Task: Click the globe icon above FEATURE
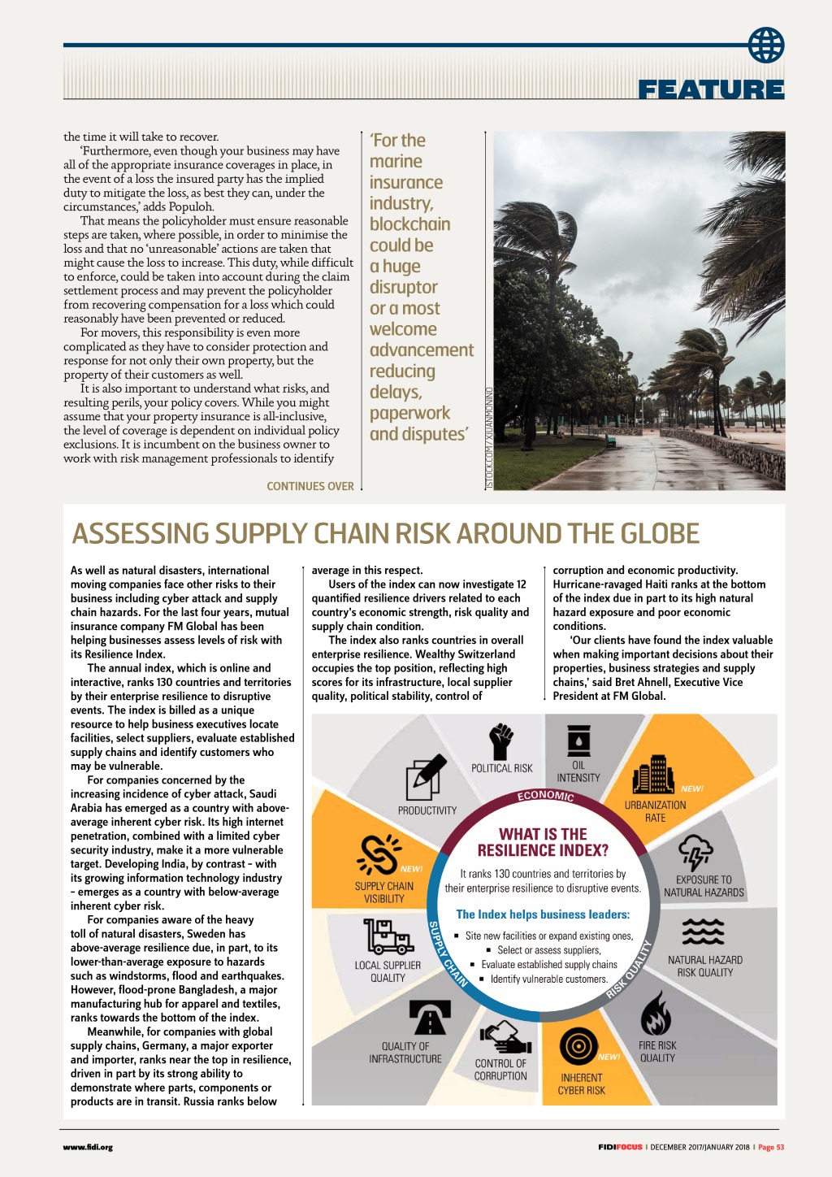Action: tap(766, 45)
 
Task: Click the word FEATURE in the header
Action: tap(711, 89)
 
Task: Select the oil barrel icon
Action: tap(578, 741)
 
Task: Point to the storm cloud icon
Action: tap(695, 853)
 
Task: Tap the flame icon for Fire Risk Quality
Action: tap(656, 1014)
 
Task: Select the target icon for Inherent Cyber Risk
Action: tap(578, 1048)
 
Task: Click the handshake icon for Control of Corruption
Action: tap(505, 1036)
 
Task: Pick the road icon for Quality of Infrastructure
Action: tap(428, 1018)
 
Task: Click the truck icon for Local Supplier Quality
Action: tap(388, 936)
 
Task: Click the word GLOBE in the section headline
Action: tap(660, 534)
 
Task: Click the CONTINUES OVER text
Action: tap(310, 486)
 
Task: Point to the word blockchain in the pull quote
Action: tap(409, 224)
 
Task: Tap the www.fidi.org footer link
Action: tap(88, 1148)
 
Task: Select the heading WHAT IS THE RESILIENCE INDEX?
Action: tap(543, 842)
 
